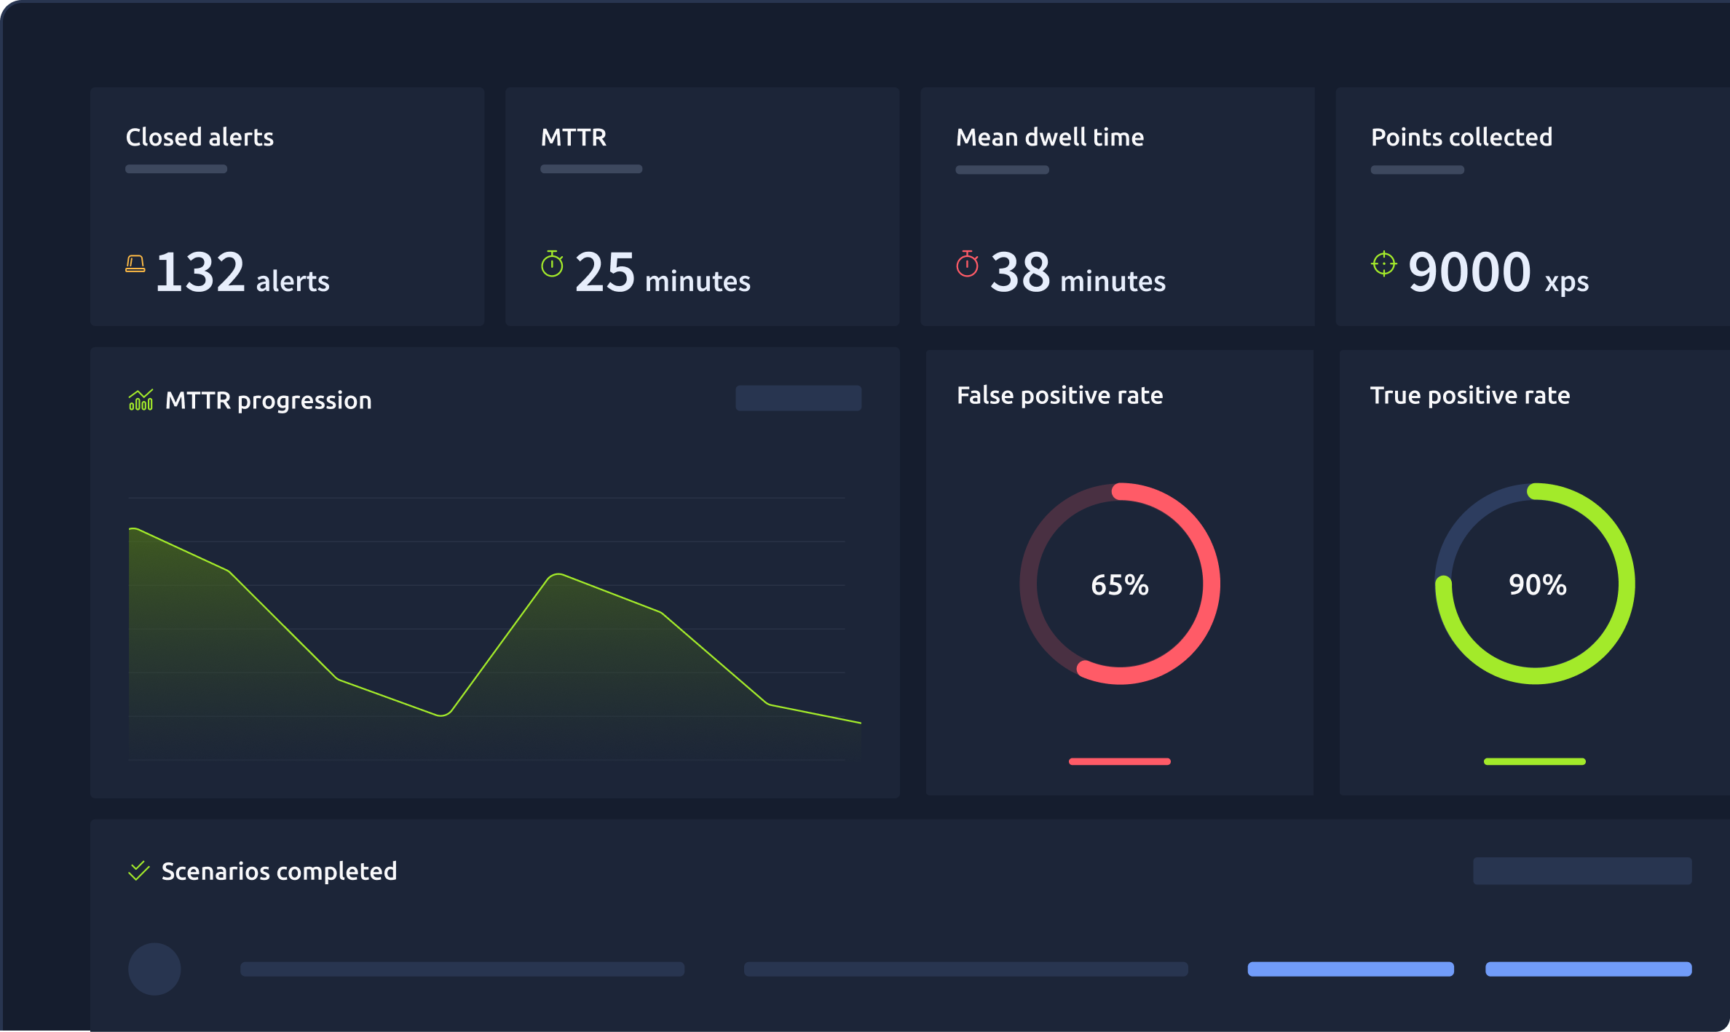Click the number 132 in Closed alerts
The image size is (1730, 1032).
[x=200, y=272]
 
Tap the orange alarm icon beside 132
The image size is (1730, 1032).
[x=135, y=263]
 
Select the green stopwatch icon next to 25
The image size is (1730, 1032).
[x=552, y=263]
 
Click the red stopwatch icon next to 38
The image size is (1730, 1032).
[x=967, y=263]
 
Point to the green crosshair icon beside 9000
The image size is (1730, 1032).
[x=1383, y=263]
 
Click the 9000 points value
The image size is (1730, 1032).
[x=1469, y=272]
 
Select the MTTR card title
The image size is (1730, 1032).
[x=574, y=138]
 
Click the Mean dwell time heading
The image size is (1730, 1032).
[x=1049, y=138]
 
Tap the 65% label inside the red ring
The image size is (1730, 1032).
[x=1119, y=585]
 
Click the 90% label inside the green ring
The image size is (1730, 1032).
[x=1537, y=585]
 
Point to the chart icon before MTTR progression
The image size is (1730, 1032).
[x=141, y=400]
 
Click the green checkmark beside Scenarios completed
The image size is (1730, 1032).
[x=138, y=870]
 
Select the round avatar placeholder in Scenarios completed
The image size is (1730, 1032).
[x=154, y=969]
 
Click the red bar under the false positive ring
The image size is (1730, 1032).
[x=1119, y=761]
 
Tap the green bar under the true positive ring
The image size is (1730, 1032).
[x=1534, y=761]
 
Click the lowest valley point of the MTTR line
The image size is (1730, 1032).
[x=442, y=715]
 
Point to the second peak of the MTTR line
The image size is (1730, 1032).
[x=557, y=574]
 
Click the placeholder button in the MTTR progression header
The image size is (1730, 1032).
[x=798, y=398]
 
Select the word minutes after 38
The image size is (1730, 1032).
[x=1113, y=282]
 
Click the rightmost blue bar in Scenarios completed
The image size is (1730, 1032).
[x=1588, y=969]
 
